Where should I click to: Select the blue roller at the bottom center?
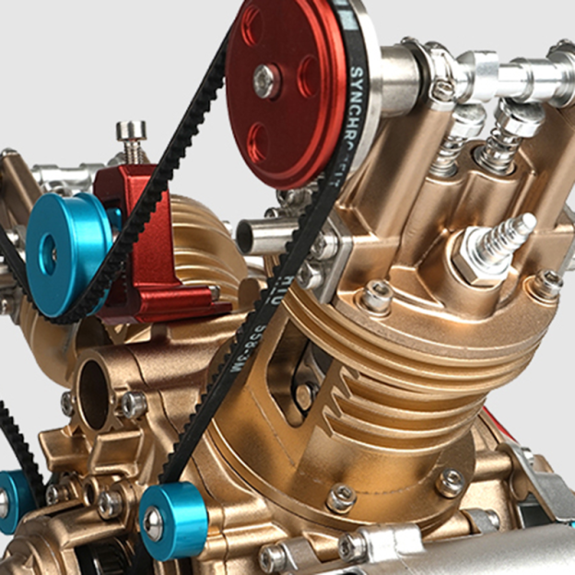pyautogui.click(x=174, y=519)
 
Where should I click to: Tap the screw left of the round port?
pyautogui.click(x=67, y=403)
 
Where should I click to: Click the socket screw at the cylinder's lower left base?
pyautogui.click(x=340, y=499)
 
